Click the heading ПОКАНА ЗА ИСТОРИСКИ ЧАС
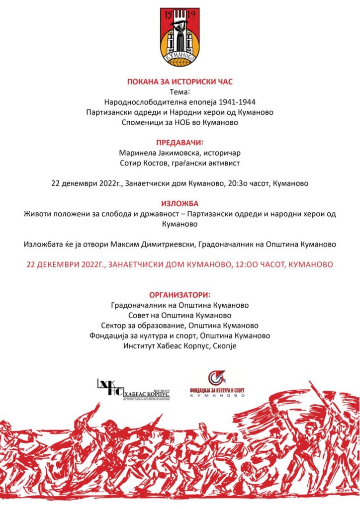click(180, 82)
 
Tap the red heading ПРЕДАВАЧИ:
click(180, 142)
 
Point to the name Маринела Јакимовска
click(155, 153)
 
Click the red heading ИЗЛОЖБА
click(180, 203)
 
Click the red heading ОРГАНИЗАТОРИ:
click(180, 295)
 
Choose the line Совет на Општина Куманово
click(180, 315)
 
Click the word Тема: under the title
click(180, 91)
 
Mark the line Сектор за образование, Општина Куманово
click(180, 326)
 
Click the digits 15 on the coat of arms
click(168, 14)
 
